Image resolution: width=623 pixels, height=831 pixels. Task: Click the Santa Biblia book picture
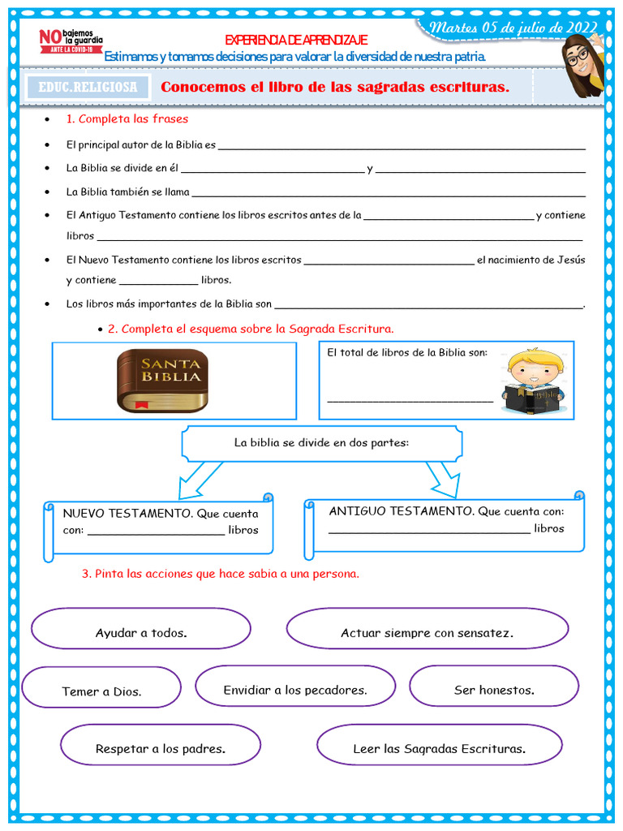coord(162,380)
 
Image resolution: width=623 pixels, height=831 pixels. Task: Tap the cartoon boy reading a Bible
coord(534,381)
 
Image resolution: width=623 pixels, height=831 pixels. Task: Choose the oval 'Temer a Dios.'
coord(101,690)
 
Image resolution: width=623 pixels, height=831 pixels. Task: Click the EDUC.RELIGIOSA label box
coord(88,87)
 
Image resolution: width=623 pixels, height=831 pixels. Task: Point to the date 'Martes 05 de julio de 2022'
coord(513,28)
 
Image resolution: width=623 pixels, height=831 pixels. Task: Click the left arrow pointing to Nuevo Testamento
coord(197,480)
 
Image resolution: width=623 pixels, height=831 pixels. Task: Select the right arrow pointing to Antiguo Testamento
coord(443,479)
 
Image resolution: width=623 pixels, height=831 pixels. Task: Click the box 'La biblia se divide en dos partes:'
coord(321,443)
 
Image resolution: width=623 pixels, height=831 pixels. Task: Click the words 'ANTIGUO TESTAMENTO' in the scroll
coord(402,511)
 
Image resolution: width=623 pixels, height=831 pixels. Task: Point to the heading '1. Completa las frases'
coord(127,119)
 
